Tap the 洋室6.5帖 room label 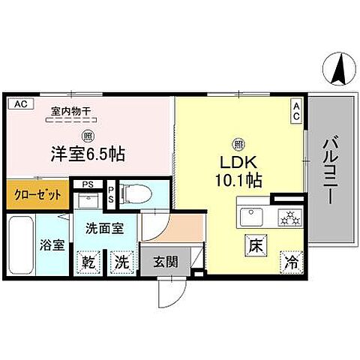(88, 155)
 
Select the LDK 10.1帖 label (238, 170)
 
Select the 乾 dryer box (89, 263)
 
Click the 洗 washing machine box (120, 263)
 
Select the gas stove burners (289, 218)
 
